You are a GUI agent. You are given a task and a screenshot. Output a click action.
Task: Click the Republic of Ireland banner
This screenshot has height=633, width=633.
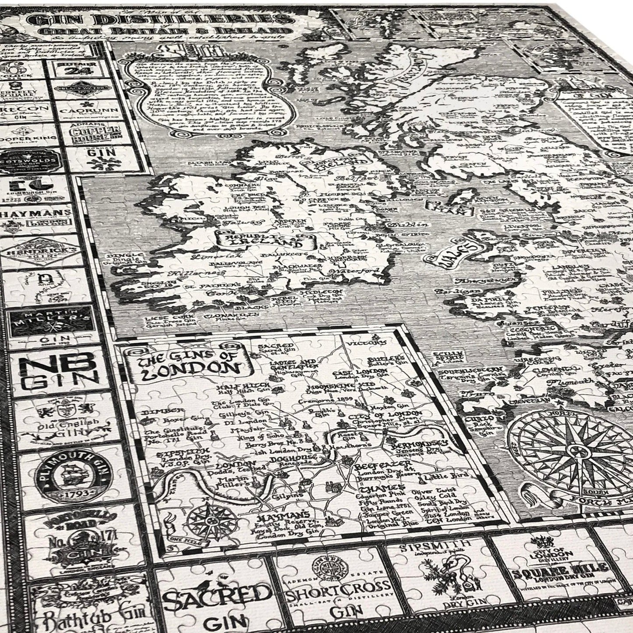[265, 239]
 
